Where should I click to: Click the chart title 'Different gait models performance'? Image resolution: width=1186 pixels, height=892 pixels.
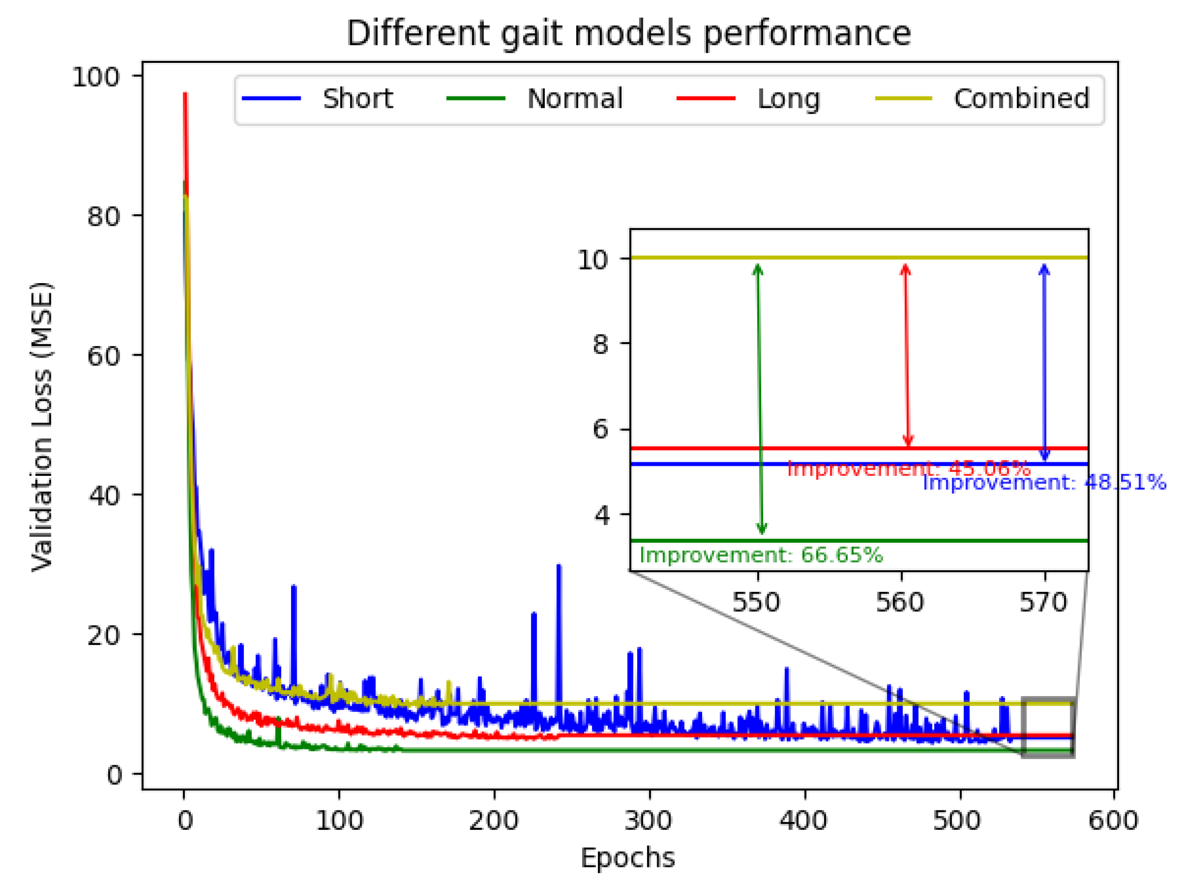pyautogui.click(x=628, y=33)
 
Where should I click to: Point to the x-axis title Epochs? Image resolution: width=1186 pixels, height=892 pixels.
pyautogui.click(x=627, y=858)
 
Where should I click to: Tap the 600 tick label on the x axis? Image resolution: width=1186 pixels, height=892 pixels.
pyautogui.click(x=1113, y=821)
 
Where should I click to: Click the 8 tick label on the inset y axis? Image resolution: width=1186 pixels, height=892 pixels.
pyautogui.click(x=601, y=344)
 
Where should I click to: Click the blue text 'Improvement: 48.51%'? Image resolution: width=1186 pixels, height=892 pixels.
pyautogui.click(x=1044, y=483)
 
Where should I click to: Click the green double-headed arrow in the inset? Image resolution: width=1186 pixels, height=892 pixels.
pyautogui.click(x=759, y=399)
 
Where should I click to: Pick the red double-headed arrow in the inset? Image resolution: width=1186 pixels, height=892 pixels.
pyautogui.click(x=906, y=355)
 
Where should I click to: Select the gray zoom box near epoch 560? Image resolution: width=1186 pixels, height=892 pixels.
pyautogui.click(x=1048, y=728)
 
